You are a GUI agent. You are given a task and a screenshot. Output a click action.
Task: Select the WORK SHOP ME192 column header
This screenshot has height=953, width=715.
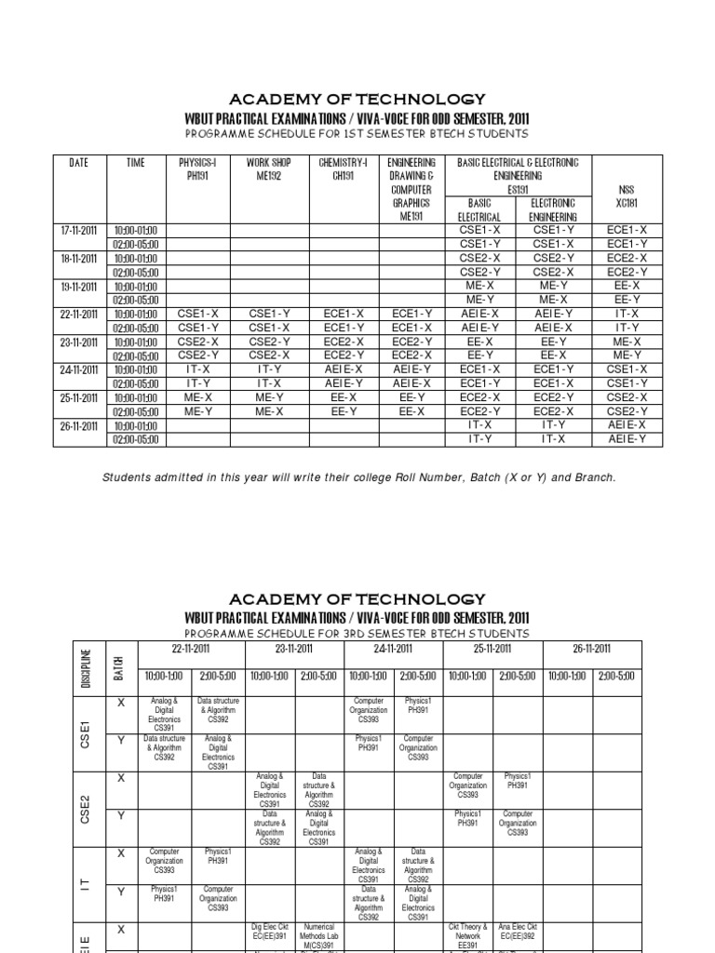click(268, 168)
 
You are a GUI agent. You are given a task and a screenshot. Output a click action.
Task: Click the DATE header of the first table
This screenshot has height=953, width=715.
click(79, 163)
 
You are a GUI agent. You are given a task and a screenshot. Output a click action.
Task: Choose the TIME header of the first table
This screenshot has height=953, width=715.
click(136, 163)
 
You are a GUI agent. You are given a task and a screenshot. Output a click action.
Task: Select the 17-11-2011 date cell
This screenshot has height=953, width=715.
click(79, 230)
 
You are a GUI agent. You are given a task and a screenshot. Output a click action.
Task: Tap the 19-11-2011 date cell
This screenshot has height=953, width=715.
click(79, 287)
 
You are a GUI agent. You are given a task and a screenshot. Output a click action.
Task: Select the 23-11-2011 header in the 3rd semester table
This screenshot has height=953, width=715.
click(293, 649)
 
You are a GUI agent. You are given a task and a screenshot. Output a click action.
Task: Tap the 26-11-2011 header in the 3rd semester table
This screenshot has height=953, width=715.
click(591, 649)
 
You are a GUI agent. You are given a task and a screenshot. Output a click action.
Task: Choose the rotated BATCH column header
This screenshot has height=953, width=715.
click(118, 664)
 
